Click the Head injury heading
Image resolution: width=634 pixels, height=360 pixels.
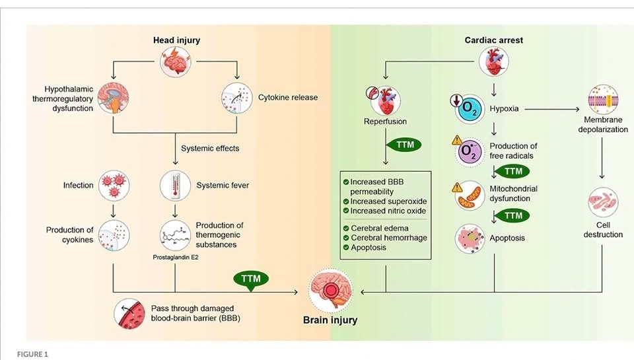[x=176, y=40]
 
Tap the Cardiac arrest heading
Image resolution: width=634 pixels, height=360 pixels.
[x=494, y=40]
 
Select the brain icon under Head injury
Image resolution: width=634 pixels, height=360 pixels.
[x=175, y=61]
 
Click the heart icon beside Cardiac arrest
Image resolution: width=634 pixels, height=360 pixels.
[x=494, y=62]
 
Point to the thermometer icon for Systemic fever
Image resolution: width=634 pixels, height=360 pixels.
[x=175, y=186]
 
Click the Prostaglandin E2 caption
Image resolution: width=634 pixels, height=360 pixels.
[x=176, y=257]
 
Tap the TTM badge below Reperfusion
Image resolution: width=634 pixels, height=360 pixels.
[x=404, y=145]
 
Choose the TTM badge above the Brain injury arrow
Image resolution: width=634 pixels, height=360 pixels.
[x=251, y=280]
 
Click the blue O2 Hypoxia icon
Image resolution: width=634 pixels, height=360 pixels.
[x=469, y=108]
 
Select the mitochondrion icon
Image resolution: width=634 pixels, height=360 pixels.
[x=470, y=196]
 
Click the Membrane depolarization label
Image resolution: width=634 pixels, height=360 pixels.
[x=603, y=125]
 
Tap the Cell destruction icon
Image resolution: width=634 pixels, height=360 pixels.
[x=603, y=202]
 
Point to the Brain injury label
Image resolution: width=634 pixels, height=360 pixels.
[x=330, y=320]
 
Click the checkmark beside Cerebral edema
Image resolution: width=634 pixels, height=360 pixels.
[x=346, y=228]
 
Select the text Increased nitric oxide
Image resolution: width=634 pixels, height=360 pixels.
[x=388, y=211]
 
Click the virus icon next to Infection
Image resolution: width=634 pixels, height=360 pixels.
[x=114, y=186]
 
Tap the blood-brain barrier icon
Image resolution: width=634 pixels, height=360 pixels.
[x=129, y=314]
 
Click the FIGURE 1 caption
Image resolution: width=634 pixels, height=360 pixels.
[x=32, y=354]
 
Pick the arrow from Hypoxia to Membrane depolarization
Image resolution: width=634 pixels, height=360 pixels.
[x=552, y=109]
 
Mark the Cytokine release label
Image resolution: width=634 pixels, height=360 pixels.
[x=288, y=98]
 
